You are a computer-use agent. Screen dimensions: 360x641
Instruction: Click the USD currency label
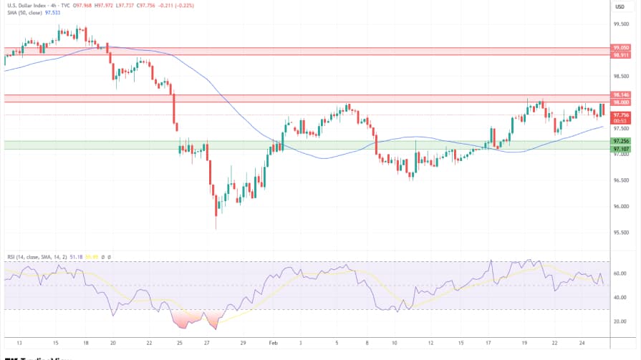point(620,6)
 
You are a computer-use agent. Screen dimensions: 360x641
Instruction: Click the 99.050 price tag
point(621,47)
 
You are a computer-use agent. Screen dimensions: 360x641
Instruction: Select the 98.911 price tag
point(621,54)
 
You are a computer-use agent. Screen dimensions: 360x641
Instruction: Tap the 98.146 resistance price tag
point(621,94)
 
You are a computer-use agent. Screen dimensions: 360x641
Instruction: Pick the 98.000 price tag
point(621,102)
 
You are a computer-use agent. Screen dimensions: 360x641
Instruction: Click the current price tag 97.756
point(621,115)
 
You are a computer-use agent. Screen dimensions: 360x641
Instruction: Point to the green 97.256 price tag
point(621,141)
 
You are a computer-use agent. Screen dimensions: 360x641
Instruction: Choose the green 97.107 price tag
point(621,149)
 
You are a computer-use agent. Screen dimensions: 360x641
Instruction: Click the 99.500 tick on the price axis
point(621,23)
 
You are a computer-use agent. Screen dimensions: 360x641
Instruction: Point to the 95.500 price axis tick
point(621,233)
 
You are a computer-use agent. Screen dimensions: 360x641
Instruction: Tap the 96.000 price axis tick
point(621,206)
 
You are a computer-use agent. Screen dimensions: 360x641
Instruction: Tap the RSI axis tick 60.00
point(620,273)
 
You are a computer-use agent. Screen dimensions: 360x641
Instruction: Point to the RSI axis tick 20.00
point(620,321)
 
